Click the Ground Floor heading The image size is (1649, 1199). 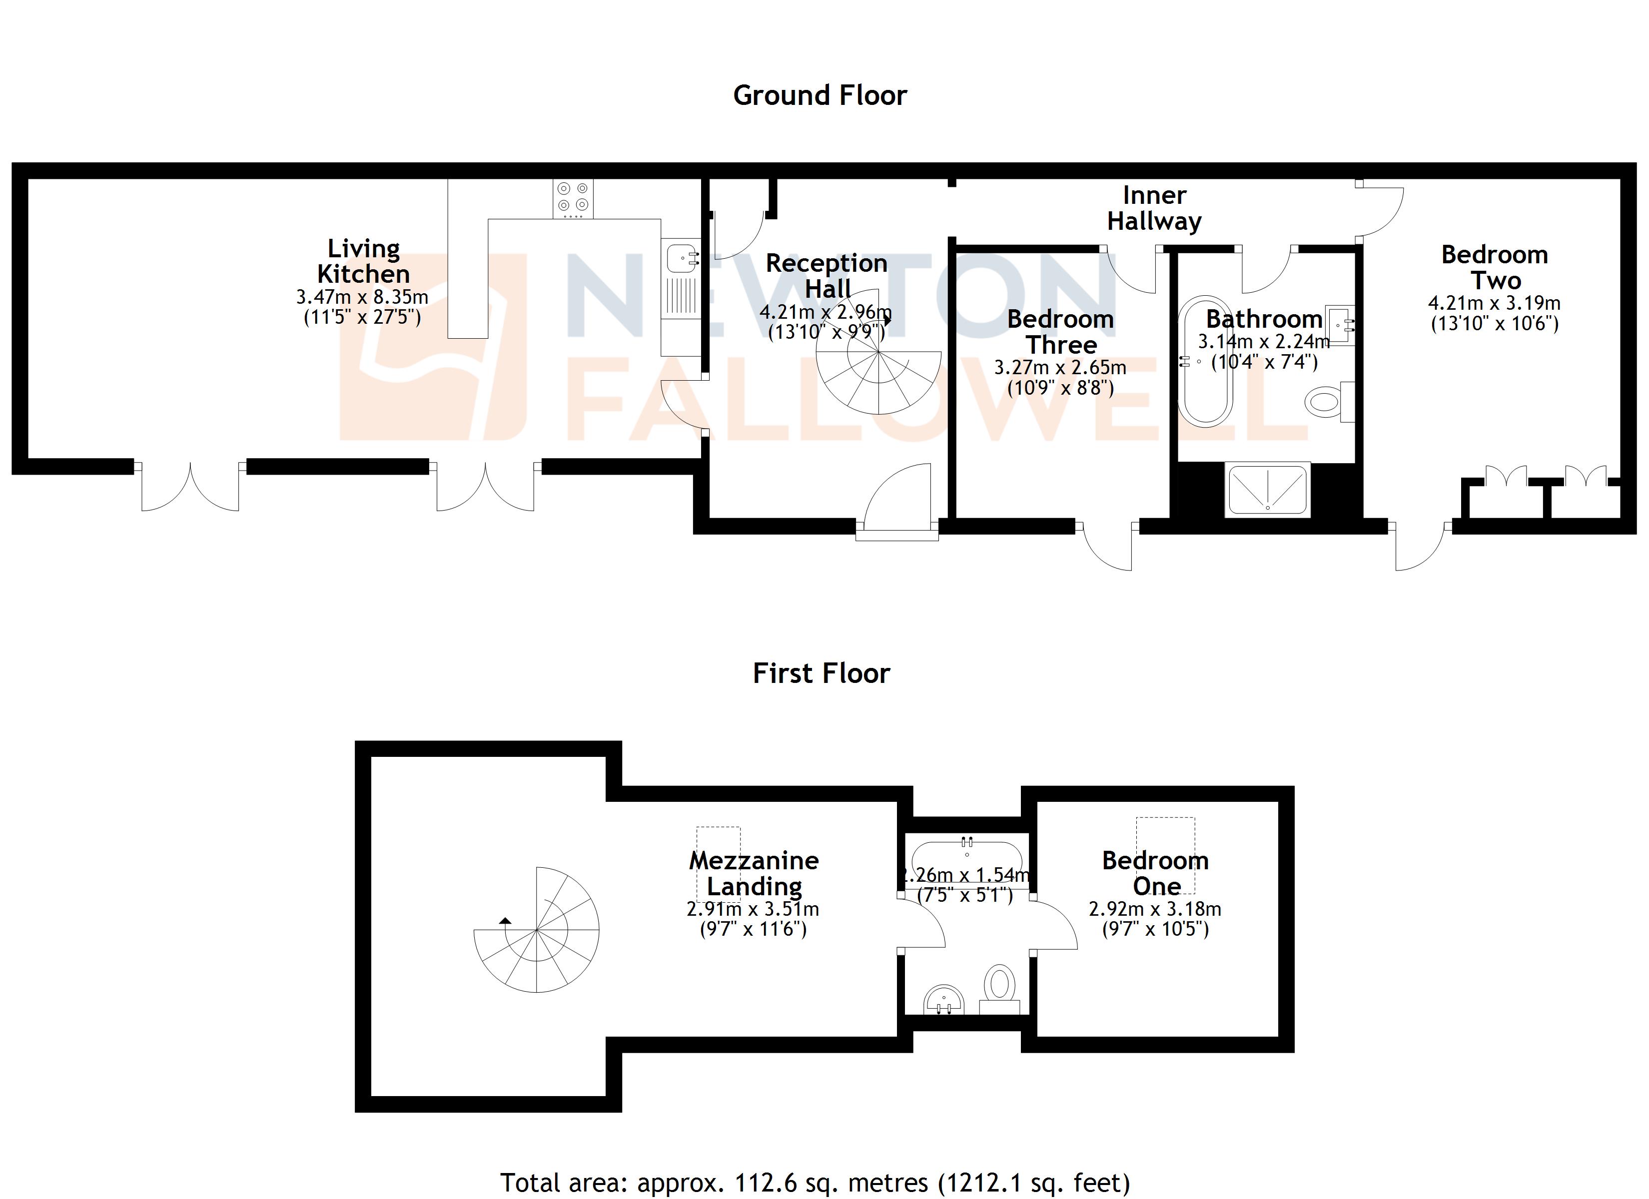820,95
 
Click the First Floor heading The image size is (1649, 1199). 821,673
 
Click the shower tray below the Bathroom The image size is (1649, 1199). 1267,489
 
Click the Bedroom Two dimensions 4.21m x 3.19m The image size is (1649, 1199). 1494,303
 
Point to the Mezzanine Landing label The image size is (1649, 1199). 754,873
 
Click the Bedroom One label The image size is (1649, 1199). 1155,873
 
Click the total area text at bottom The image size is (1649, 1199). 815,1183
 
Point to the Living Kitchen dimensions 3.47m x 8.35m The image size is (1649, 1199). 362,297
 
